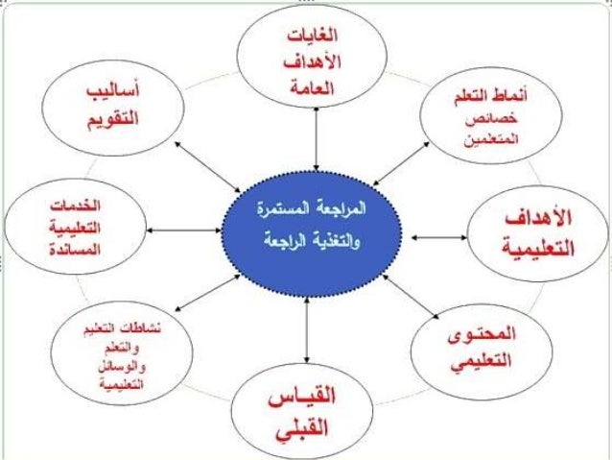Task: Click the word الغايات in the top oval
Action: (x=303, y=37)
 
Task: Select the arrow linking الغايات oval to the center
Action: (x=303, y=146)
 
